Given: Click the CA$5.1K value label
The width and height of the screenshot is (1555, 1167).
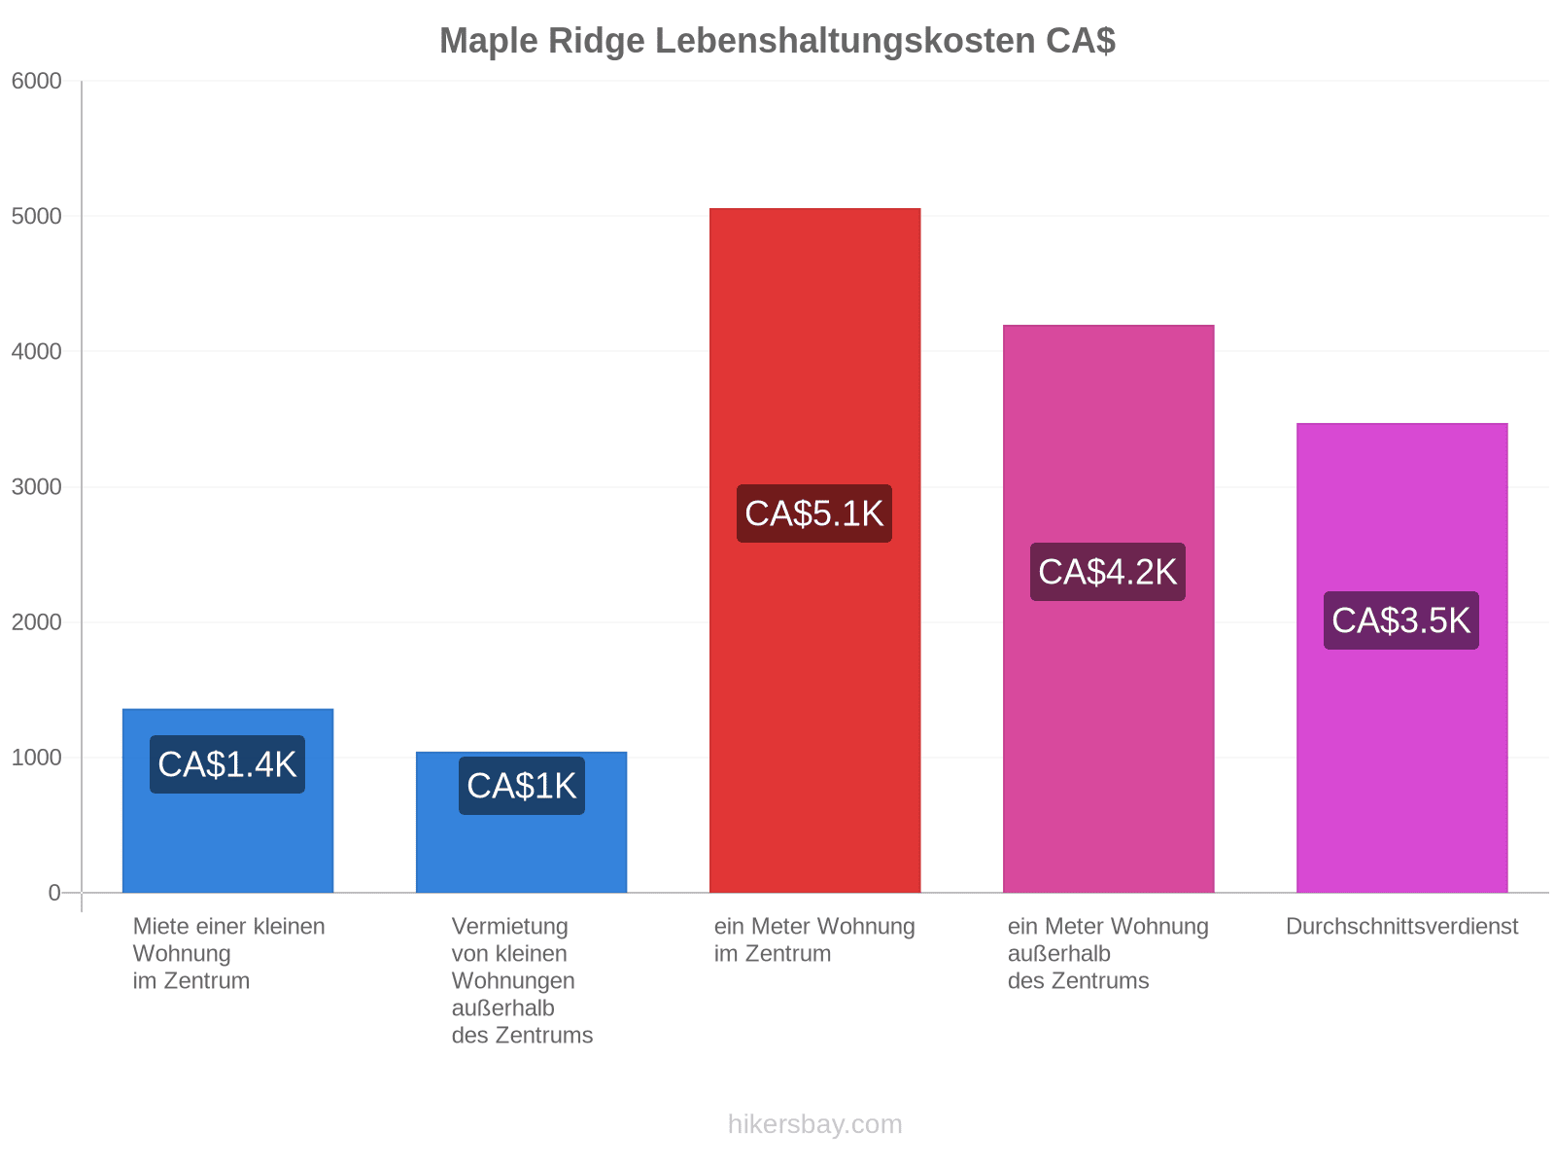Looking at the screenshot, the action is tap(814, 513).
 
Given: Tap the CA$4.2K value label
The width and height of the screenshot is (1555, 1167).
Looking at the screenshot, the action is tap(1107, 572).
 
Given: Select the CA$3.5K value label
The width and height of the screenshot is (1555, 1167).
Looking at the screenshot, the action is tap(1400, 620).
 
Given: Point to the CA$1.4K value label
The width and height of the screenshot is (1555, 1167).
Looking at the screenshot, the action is tap(227, 764).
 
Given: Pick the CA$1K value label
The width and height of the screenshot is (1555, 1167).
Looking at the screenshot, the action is tap(521, 786).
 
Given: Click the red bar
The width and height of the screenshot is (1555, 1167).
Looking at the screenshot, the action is tap(814, 550).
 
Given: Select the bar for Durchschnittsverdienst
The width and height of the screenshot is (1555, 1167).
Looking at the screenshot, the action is tap(1401, 658).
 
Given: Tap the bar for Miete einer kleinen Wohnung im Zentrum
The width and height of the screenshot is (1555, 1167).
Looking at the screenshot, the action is tap(228, 800).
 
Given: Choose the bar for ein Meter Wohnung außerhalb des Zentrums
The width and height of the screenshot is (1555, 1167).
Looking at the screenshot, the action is tap(1108, 610).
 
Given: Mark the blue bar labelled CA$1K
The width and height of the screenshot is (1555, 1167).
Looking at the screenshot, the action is tap(521, 823).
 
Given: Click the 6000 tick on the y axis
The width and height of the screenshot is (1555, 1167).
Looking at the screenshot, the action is tap(36, 81).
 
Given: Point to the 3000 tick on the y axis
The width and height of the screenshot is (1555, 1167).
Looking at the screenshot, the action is tap(36, 487).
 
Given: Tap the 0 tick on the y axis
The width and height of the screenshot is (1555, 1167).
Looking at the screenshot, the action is tap(54, 893).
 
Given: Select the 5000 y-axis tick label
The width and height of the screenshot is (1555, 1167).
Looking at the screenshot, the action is tap(36, 216).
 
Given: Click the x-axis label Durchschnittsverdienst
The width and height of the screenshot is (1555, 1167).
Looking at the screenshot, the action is tap(1401, 927).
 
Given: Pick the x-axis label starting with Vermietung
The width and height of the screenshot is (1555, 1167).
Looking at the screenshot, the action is tap(522, 981).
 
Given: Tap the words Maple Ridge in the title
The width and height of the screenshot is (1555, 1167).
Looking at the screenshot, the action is tap(542, 41).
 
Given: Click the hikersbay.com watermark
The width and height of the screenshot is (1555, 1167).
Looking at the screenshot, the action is tap(814, 1124).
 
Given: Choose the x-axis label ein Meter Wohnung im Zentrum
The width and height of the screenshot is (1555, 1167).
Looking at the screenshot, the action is tap(814, 940).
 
